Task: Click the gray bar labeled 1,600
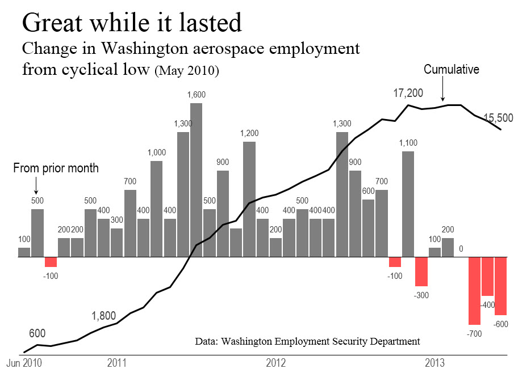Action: [x=197, y=180]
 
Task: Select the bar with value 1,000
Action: [x=157, y=209]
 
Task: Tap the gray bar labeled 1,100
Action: [x=408, y=204]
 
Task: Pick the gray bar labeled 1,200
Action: [x=249, y=199]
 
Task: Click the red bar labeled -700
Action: [x=474, y=290]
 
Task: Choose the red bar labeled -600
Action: [x=500, y=286]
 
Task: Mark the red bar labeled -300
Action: [x=421, y=271]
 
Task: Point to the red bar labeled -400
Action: [x=487, y=276]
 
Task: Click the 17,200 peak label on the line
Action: [x=408, y=94]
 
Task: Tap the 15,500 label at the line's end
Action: [x=498, y=118]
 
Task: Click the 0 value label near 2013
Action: [x=461, y=248]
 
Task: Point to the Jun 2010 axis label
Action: [x=21, y=362]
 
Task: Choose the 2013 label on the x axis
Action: [x=435, y=362]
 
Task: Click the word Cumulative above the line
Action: [x=452, y=70]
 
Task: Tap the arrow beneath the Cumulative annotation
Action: [x=444, y=90]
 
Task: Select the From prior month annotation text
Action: [x=56, y=168]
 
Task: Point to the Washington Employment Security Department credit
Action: [x=307, y=341]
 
